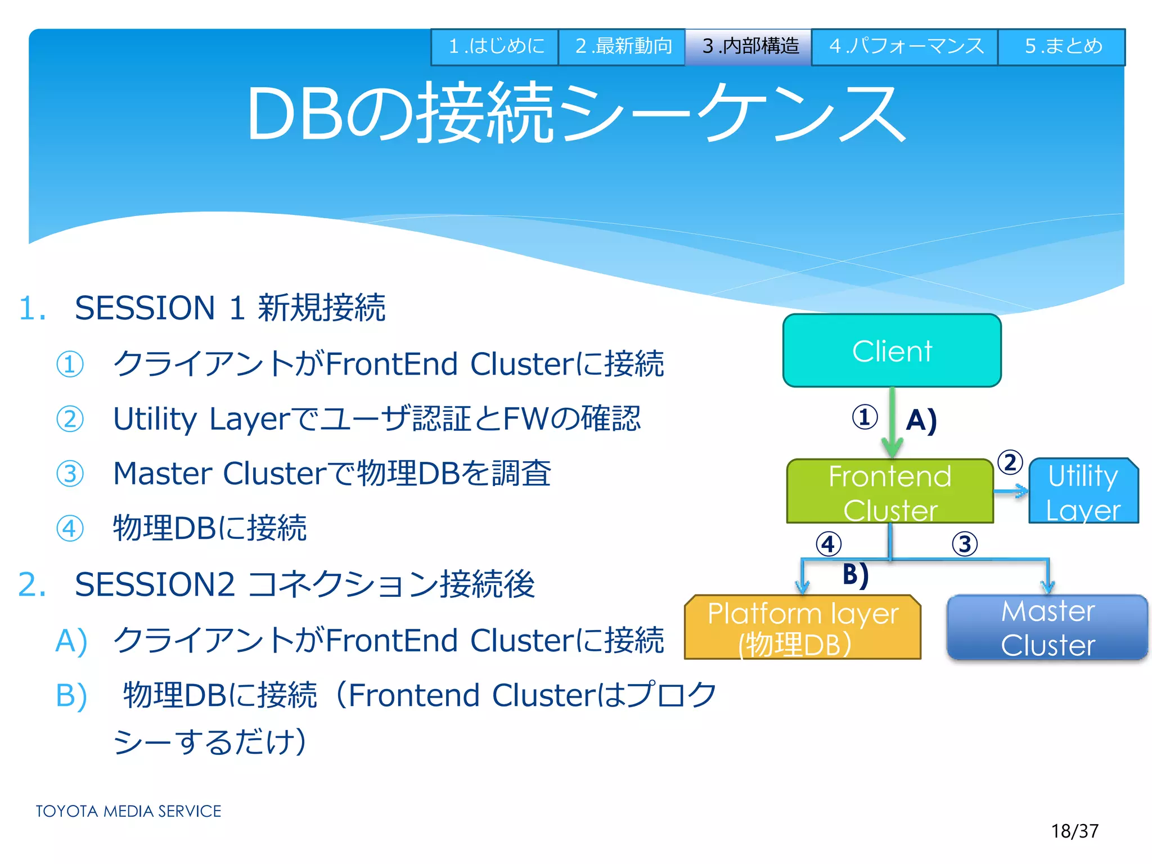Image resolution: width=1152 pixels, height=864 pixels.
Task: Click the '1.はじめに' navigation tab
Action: coord(495,47)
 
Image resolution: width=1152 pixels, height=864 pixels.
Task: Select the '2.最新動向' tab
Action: coord(622,47)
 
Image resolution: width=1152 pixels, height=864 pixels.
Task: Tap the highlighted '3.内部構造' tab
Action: coord(749,47)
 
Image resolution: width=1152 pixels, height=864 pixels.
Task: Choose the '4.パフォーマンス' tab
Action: coord(905,47)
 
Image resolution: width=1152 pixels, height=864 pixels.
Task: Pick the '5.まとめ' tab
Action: coord(1062,47)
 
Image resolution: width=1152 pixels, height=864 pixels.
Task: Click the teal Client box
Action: coord(892,351)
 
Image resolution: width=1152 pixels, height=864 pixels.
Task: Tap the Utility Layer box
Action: coord(1083,492)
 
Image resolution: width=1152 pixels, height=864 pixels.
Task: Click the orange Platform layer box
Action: coord(803,628)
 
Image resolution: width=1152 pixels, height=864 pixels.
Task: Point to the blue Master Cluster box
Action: coord(1047,628)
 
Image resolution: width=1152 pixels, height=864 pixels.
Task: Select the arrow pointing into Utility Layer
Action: coord(1011,492)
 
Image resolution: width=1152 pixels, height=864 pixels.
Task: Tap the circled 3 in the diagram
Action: coord(965,544)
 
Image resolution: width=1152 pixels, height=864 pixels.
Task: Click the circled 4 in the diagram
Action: coord(829,544)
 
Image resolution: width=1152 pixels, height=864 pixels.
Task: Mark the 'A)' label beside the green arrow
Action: coord(921,420)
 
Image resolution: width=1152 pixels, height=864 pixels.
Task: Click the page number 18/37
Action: coord(1074,831)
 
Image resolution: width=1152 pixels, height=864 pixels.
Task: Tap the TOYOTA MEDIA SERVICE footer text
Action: coord(128,811)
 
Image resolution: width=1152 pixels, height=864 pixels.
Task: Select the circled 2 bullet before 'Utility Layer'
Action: coord(70,419)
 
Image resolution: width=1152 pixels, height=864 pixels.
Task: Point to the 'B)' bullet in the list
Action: coord(71,696)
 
